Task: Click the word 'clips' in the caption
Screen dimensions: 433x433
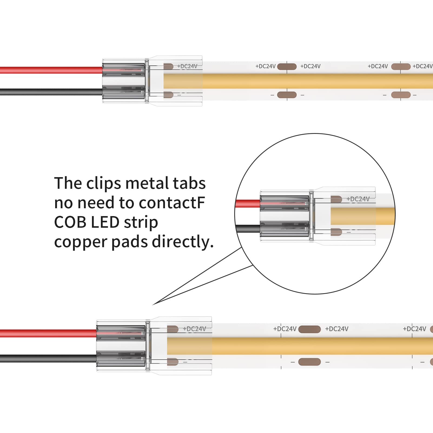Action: (x=104, y=184)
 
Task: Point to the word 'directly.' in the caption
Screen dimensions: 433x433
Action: (x=183, y=242)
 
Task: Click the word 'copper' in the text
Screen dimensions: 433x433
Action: (x=81, y=242)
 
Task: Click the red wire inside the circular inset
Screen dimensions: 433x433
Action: (x=247, y=203)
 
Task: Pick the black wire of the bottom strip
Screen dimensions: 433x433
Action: (x=49, y=359)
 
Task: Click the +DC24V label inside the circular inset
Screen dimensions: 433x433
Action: (x=358, y=199)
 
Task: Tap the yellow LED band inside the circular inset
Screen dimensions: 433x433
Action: (x=362, y=216)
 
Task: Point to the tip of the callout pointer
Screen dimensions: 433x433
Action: (x=153, y=305)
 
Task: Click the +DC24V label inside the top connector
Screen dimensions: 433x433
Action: (x=187, y=66)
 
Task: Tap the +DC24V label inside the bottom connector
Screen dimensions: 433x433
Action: (x=194, y=329)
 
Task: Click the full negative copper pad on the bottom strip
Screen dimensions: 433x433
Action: (x=309, y=362)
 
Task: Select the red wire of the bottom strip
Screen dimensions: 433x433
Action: (x=49, y=333)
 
